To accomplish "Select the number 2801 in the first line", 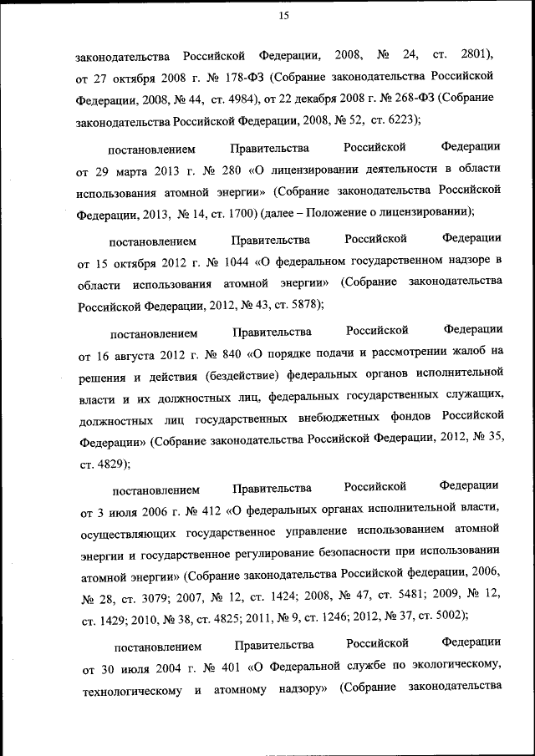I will tap(476, 55).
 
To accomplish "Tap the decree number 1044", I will tap(232, 263).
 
